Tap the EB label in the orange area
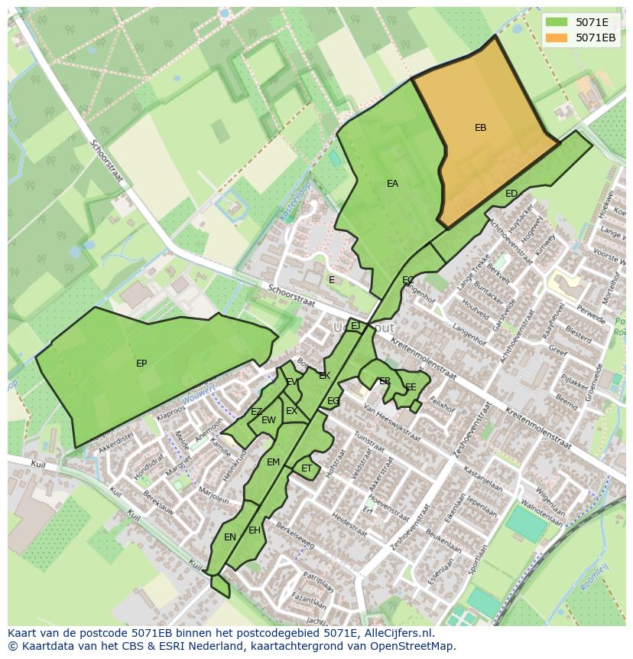480,128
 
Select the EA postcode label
392,184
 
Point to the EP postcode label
141,364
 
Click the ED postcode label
511,194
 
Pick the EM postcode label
273,462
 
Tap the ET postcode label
307,468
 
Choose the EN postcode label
230,537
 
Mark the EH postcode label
255,530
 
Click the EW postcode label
268,420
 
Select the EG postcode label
333,401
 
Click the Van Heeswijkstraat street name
391,423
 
